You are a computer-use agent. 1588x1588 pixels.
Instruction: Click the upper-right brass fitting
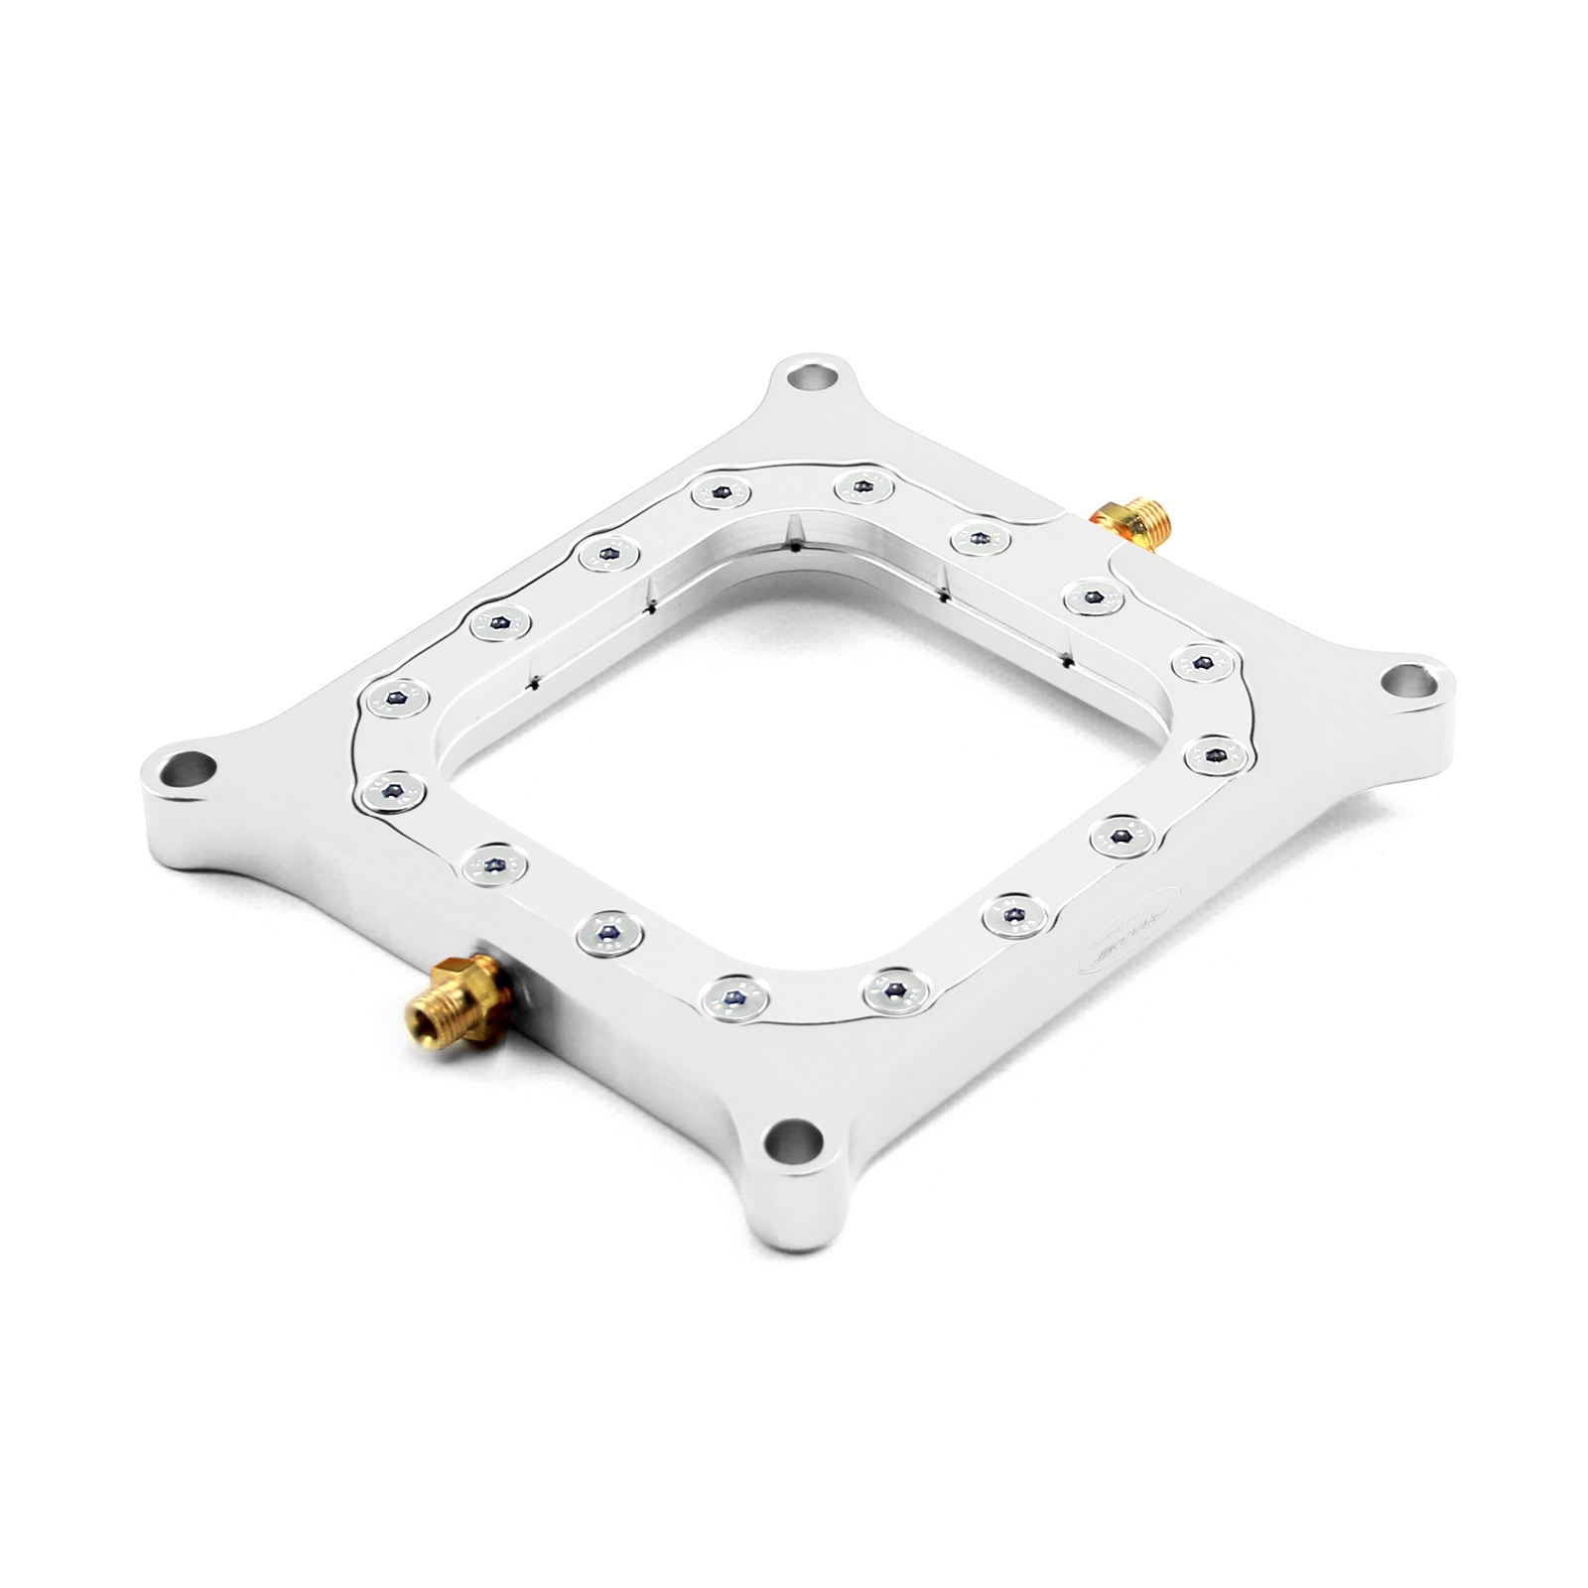tap(1129, 514)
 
